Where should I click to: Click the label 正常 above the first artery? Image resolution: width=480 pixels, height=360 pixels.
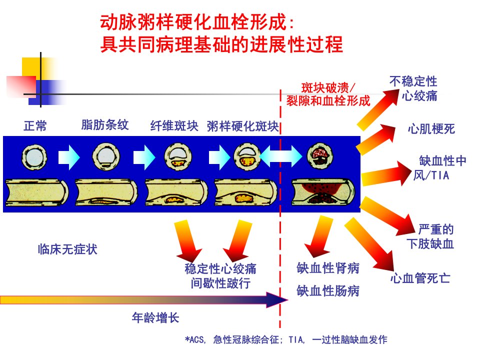(35, 126)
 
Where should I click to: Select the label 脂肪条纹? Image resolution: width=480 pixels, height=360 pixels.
(104, 125)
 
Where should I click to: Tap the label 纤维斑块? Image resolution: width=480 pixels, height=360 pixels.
(174, 126)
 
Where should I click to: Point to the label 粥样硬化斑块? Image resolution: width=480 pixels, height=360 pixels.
(243, 126)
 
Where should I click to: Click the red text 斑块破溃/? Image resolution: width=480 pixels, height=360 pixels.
(328, 88)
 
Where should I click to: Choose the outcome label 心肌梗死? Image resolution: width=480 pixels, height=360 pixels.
(431, 129)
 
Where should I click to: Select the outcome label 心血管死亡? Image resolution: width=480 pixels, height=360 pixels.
(420, 278)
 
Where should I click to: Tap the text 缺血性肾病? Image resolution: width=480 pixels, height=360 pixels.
(328, 268)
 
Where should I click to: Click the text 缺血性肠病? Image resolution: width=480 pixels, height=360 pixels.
(328, 291)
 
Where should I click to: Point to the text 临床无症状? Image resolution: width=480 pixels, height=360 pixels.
(67, 249)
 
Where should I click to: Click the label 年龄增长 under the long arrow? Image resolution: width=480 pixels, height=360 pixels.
(155, 318)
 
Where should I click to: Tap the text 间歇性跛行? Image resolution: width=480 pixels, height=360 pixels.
(220, 283)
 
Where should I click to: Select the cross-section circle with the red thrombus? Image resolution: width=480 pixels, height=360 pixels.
(320, 156)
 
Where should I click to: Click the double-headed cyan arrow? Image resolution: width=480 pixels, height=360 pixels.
(280, 156)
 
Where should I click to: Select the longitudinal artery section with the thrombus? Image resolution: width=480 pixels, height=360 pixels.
(323, 192)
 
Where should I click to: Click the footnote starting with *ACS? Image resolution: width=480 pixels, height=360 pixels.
(286, 339)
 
